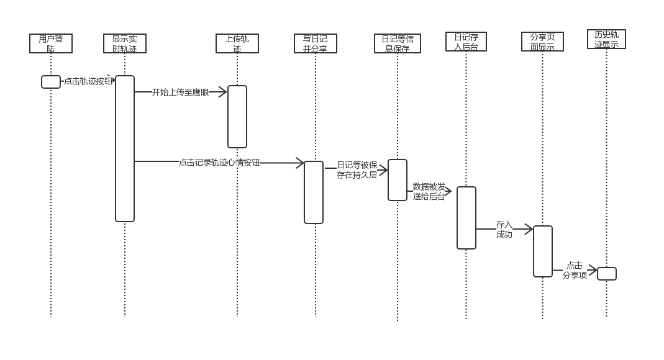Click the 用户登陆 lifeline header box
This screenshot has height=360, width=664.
[51, 43]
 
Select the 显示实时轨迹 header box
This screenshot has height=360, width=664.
[125, 43]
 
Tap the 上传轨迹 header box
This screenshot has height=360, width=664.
[237, 43]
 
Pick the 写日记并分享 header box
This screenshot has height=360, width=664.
[316, 43]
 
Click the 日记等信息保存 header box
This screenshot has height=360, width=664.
[398, 43]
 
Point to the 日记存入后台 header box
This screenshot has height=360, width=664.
[466, 42]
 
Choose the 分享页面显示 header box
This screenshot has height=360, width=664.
[542, 42]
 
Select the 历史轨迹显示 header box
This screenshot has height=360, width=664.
[606, 39]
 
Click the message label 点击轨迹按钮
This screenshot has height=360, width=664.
[88, 81]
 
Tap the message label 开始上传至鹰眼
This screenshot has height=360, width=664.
[180, 92]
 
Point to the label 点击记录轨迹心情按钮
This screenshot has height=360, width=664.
[219, 163]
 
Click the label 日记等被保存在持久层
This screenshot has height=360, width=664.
[357, 170]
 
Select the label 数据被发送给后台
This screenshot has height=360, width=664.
[429, 191]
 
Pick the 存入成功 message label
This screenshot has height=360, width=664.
[504, 229]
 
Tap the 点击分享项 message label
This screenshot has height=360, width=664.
[575, 270]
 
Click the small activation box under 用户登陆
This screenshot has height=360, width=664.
[51, 82]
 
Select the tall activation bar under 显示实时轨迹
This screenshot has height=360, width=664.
[125, 148]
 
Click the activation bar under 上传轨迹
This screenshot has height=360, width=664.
[237, 117]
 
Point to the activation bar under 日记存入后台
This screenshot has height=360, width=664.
[466, 218]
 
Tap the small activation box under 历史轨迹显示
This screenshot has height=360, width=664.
[607, 274]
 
